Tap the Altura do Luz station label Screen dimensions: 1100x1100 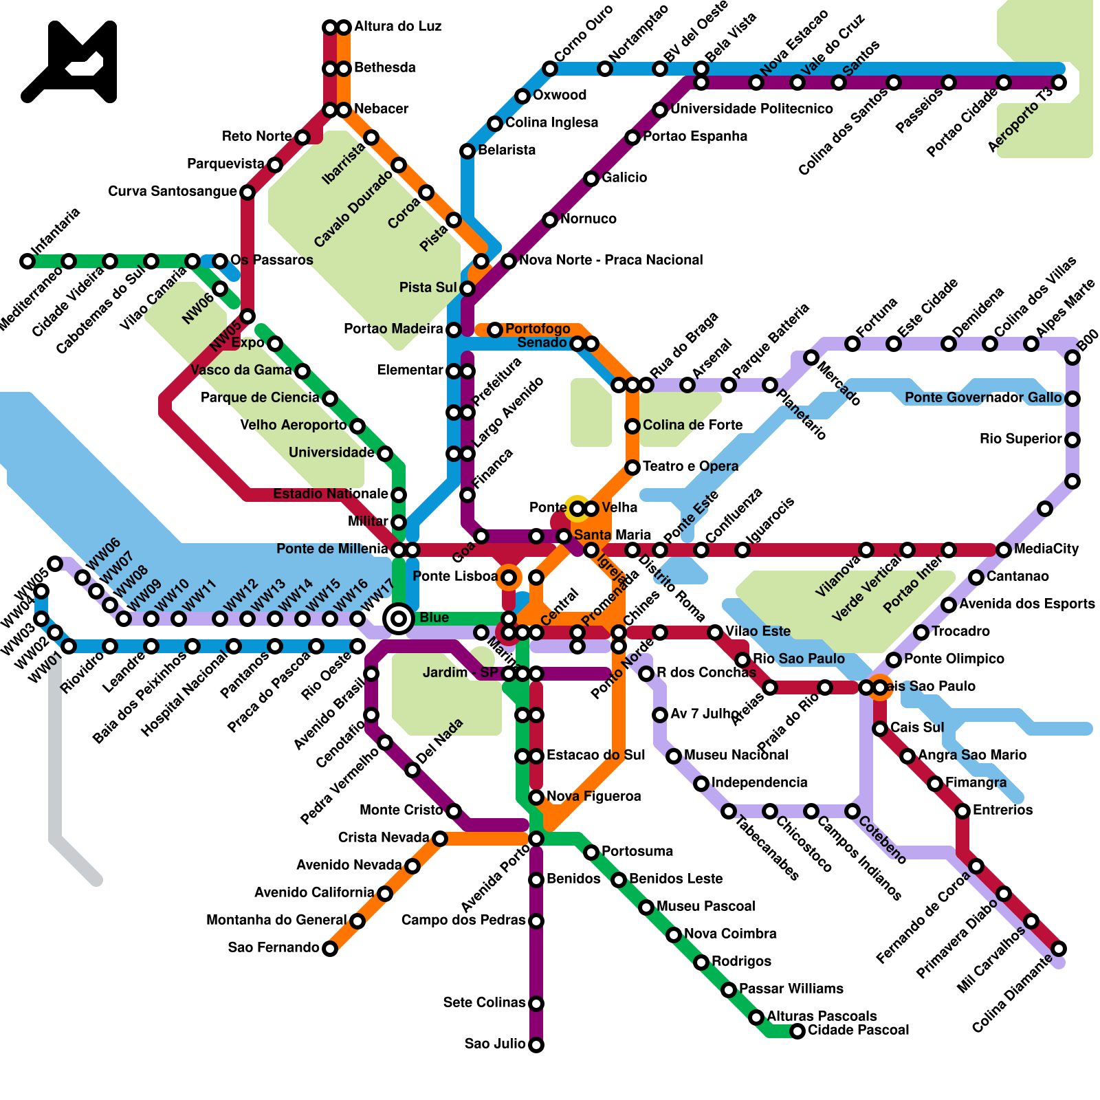pyautogui.click(x=397, y=27)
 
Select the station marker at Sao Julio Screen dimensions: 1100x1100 pyautogui.click(x=536, y=1045)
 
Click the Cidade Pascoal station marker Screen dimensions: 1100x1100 pyautogui.click(x=797, y=1031)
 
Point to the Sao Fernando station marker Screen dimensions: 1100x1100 pyautogui.click(x=330, y=949)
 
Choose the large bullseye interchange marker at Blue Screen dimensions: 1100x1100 pyautogui.click(x=399, y=619)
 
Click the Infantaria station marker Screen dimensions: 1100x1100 pyautogui.click(x=27, y=261)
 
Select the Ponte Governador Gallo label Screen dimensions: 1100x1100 pyautogui.click(x=983, y=398)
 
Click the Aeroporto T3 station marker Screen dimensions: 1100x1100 pyautogui.click(x=1059, y=82)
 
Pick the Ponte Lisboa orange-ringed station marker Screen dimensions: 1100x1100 pyautogui.click(x=509, y=577)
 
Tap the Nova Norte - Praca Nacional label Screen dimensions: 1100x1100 pyautogui.click(x=610, y=260)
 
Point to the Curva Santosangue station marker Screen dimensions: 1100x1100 pyautogui.click(x=247, y=192)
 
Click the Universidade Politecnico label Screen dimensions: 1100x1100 pyautogui.click(x=751, y=109)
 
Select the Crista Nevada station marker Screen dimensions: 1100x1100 pyautogui.click(x=440, y=839)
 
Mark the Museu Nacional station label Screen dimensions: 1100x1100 pyautogui.click(x=736, y=755)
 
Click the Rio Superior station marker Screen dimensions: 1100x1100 pyautogui.click(x=1072, y=440)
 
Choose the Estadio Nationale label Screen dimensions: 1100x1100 pyautogui.click(x=331, y=494)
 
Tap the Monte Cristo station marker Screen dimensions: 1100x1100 pyautogui.click(x=454, y=811)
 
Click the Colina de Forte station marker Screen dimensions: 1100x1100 pyautogui.click(x=632, y=426)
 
